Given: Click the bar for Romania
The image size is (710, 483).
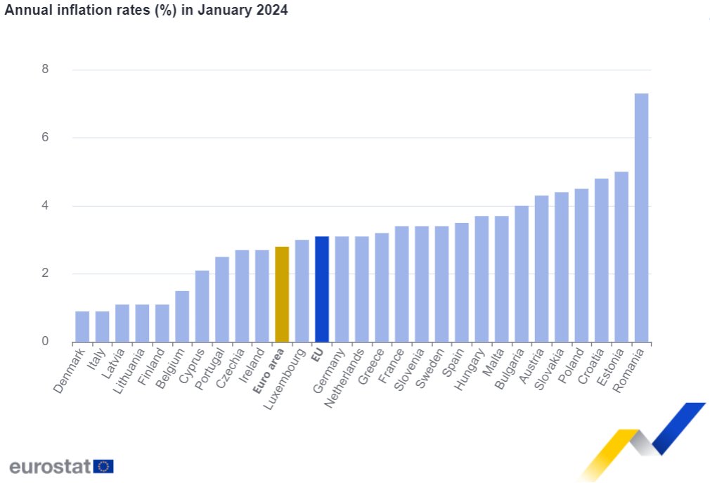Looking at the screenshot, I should click(x=641, y=218).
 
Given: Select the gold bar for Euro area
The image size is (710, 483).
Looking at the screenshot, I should click(x=281, y=295).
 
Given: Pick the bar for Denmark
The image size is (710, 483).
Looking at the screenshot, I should click(x=82, y=327).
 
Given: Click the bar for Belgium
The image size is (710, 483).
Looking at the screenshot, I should click(x=182, y=316).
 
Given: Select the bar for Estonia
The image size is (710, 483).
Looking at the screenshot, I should click(x=621, y=257).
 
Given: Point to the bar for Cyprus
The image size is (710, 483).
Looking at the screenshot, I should click(x=202, y=307).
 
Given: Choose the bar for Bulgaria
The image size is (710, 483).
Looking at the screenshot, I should click(x=522, y=274).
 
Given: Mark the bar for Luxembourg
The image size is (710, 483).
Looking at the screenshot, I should click(x=302, y=291).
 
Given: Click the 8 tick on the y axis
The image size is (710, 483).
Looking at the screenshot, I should click(x=45, y=70).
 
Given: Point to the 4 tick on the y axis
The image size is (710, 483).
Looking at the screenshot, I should click(x=45, y=206).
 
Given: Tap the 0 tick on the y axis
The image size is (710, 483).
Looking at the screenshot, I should click(x=45, y=342).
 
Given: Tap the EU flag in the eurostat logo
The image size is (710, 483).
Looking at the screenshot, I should click(x=103, y=466).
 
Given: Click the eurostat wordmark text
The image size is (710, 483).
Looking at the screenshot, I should click(x=50, y=466).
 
